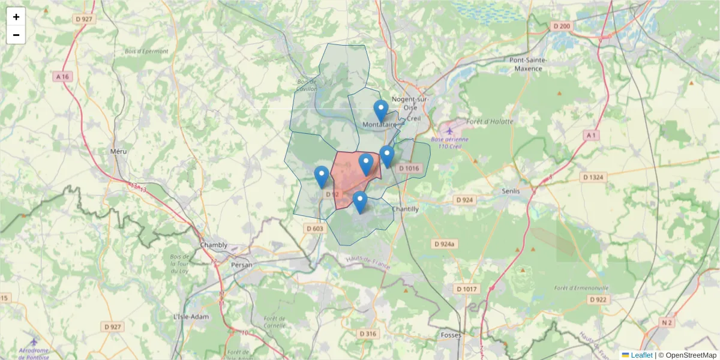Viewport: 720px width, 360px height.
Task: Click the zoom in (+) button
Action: (x=16, y=17)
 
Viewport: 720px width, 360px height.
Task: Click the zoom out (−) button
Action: (x=16, y=35)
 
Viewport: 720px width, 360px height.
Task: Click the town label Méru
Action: (x=119, y=151)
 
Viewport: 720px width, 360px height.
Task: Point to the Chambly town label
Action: (x=214, y=245)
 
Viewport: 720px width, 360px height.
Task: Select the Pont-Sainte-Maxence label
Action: (x=526, y=64)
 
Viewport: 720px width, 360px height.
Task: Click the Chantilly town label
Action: (x=405, y=208)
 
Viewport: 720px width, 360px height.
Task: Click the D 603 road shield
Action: (x=314, y=228)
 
